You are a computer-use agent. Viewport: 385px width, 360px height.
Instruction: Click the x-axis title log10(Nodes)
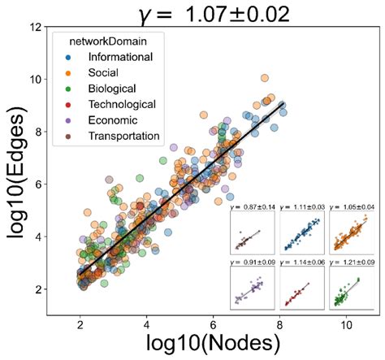click(x=214, y=344)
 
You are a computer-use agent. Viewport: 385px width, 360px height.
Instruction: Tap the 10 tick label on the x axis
click(x=348, y=323)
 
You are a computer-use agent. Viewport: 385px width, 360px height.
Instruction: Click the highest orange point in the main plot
click(x=264, y=78)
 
